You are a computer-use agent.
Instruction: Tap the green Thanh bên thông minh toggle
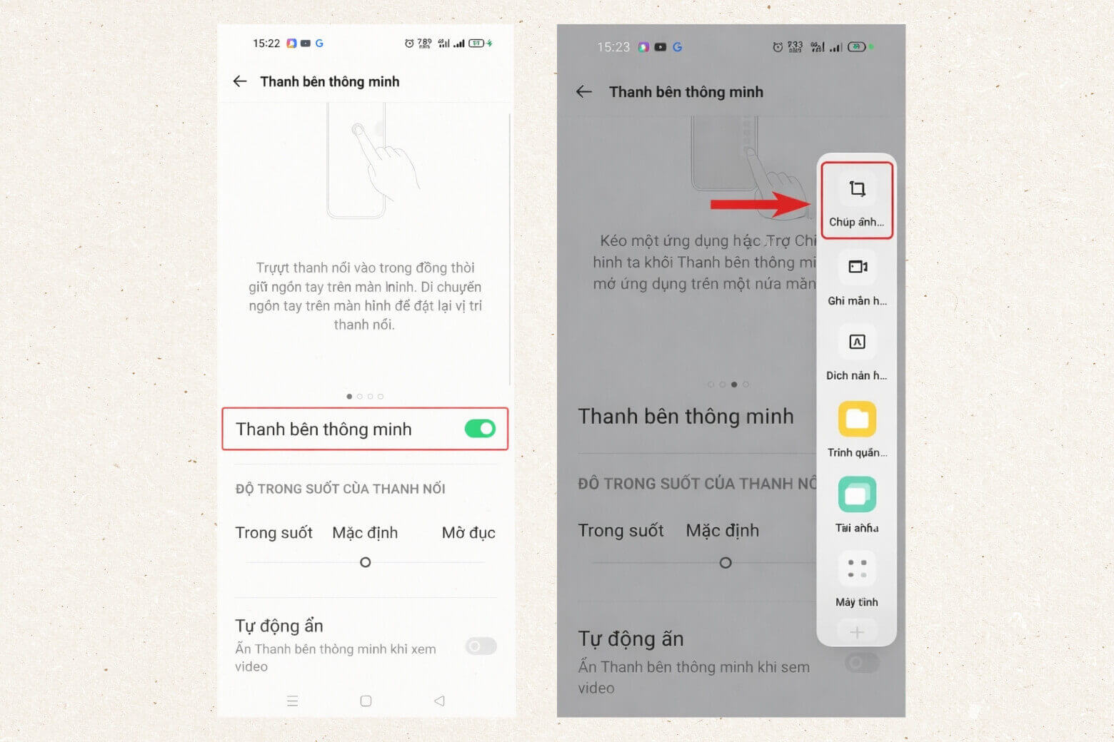pos(480,429)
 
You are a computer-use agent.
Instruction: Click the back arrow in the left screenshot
pos(240,81)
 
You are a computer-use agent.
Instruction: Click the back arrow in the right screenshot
pos(584,91)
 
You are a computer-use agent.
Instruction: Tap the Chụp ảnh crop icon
pos(857,189)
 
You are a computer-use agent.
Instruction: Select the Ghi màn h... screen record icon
pos(857,267)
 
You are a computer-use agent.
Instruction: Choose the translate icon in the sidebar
pos(857,342)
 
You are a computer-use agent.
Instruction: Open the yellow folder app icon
pos(857,419)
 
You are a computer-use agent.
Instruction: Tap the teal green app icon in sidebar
pos(857,494)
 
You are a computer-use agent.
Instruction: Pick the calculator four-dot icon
pos(857,569)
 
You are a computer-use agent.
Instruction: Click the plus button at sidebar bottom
pos(857,632)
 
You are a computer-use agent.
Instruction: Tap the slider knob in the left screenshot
pos(366,562)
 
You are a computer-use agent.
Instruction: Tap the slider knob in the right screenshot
pos(726,563)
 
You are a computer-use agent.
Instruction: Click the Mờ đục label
pos(468,533)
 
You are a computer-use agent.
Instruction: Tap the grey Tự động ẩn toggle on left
pos(481,646)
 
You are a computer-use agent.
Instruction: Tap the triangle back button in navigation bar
pos(439,701)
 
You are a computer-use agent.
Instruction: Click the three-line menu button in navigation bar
pos(292,701)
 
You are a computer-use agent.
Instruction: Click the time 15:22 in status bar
pos(266,44)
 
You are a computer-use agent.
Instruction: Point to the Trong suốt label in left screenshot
pos(274,533)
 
